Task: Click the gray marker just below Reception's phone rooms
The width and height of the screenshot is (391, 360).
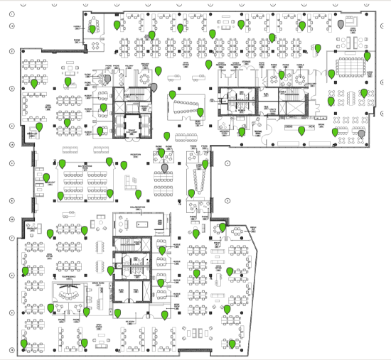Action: pyautogui.click(x=166, y=168)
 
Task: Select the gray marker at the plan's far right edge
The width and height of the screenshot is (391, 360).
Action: pyautogui.click(x=362, y=133)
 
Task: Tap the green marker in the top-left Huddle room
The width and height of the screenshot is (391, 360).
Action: pyautogui.click(x=117, y=26)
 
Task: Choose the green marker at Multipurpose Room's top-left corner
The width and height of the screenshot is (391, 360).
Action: pyautogui.click(x=63, y=163)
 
